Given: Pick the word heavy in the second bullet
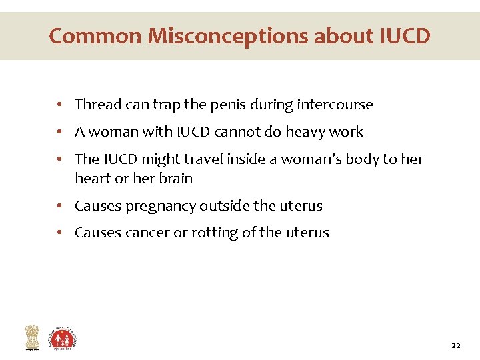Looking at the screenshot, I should click(x=305, y=132).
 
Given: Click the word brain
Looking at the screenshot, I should click(x=176, y=179).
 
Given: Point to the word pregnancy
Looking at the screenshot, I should click(x=153, y=207).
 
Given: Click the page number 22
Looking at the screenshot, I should click(x=456, y=345).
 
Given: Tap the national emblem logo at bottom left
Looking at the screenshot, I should click(x=32, y=337).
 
